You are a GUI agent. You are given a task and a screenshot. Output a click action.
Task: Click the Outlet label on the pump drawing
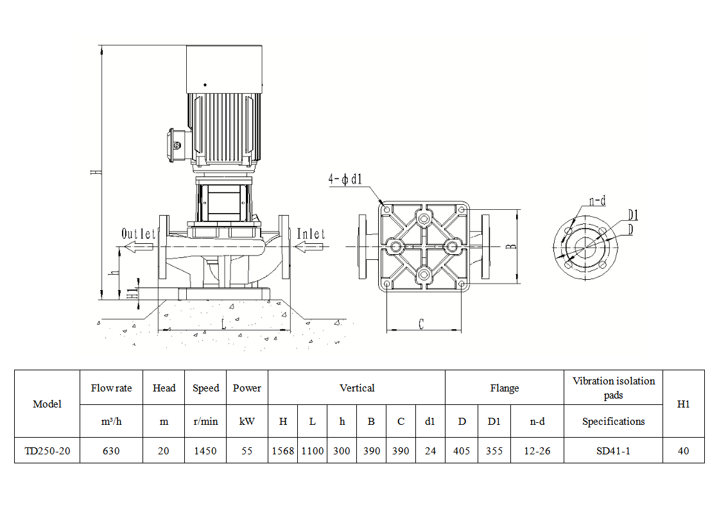pos(139,234)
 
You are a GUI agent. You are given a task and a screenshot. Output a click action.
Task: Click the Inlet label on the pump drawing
pos(311,234)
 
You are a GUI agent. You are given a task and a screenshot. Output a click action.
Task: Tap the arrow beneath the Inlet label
pos(309,247)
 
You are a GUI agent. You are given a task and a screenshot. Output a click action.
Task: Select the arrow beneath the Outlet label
pos(139,247)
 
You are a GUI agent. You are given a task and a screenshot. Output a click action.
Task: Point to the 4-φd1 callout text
pos(345,179)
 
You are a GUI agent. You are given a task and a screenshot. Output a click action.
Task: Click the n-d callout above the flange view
pos(598,201)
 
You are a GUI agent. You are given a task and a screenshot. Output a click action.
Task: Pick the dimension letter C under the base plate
pos(421,324)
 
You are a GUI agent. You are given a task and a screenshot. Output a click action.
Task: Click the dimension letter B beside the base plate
pos(511,246)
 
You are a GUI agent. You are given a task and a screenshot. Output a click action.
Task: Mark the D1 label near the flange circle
pos(633,215)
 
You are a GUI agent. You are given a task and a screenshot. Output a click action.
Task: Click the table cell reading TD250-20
pos(48,451)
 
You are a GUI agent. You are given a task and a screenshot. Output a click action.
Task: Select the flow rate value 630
pos(111,451)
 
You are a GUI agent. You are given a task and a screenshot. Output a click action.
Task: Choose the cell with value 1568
pos(283,451)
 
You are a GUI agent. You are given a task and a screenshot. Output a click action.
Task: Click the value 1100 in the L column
pos(312,451)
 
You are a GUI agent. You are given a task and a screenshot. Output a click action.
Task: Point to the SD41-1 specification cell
pos(613,451)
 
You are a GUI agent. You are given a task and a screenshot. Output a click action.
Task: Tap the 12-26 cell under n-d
pos(537,451)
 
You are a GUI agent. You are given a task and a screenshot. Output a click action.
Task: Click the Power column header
pos(247,388)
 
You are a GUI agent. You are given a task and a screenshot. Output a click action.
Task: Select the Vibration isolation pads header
pos(614,388)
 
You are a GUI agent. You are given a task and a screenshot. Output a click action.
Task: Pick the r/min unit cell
pos(205,421)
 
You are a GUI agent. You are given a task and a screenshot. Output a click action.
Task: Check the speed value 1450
pos(205,451)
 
